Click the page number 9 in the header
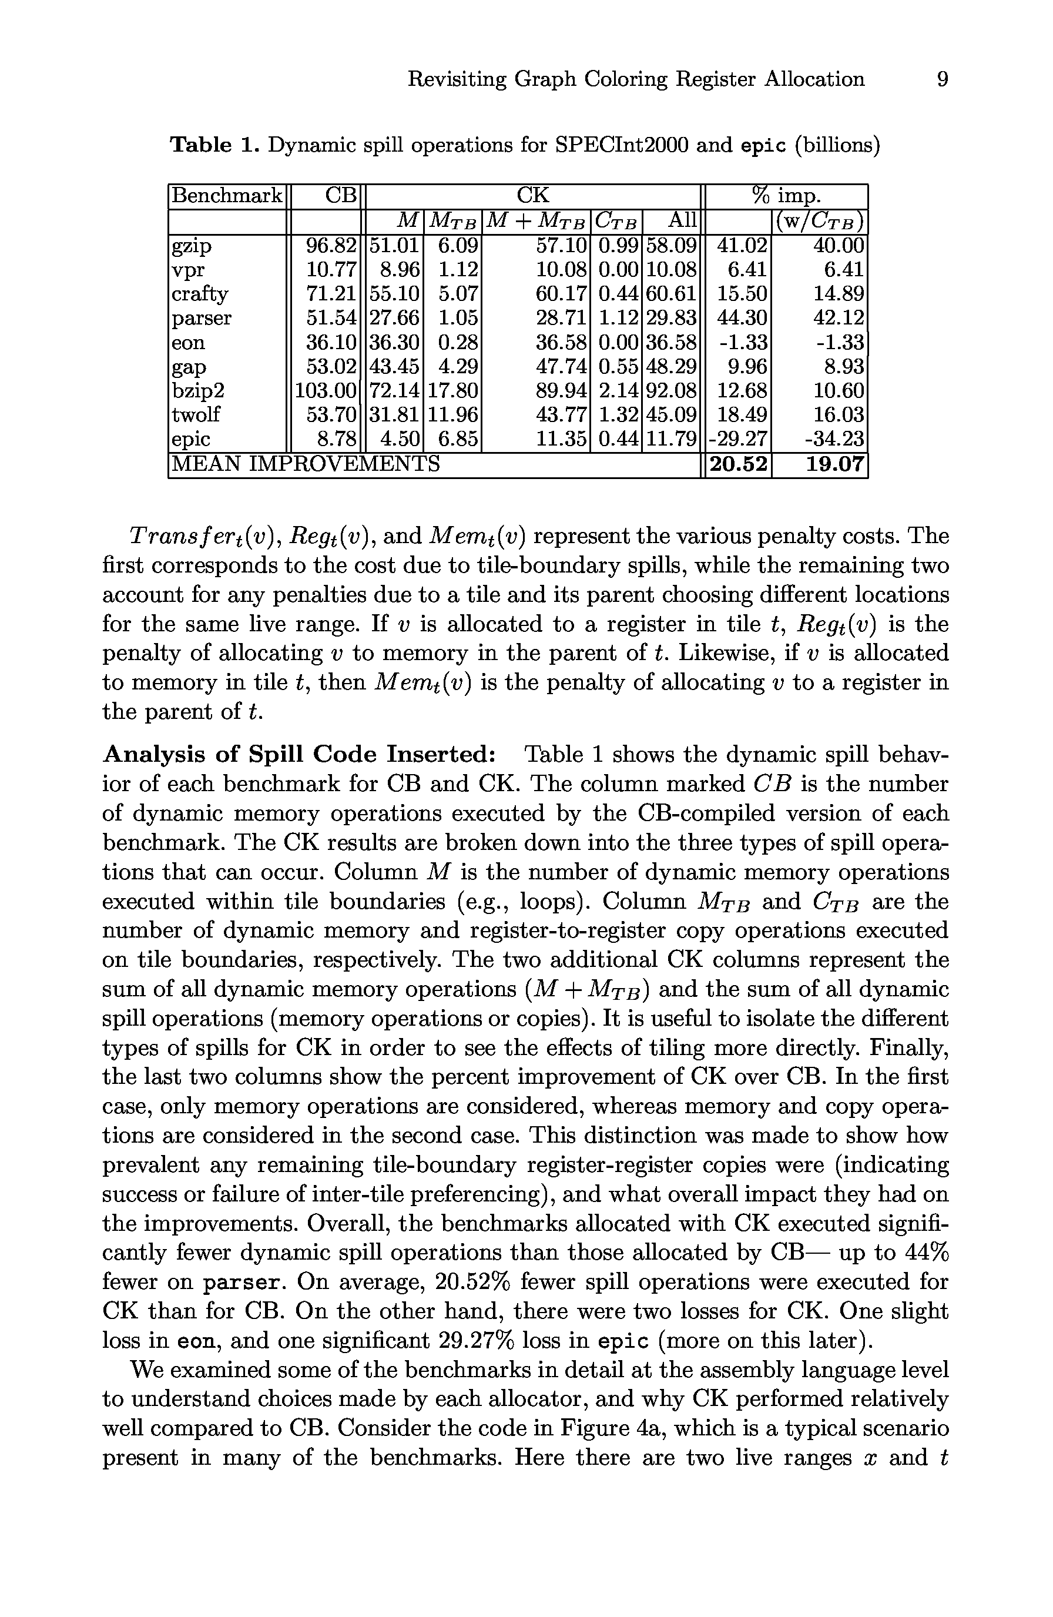pyautogui.click(x=941, y=79)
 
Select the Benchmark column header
pyautogui.click(x=226, y=196)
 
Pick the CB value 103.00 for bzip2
pyautogui.click(x=326, y=391)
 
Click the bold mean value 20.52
pyautogui.click(x=739, y=465)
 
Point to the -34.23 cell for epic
pyautogui.click(x=834, y=439)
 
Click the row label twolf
pyautogui.click(x=196, y=414)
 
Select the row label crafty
pyautogui.click(x=200, y=294)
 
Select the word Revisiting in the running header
pyautogui.click(x=457, y=79)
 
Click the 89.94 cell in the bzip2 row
pyautogui.click(x=561, y=391)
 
